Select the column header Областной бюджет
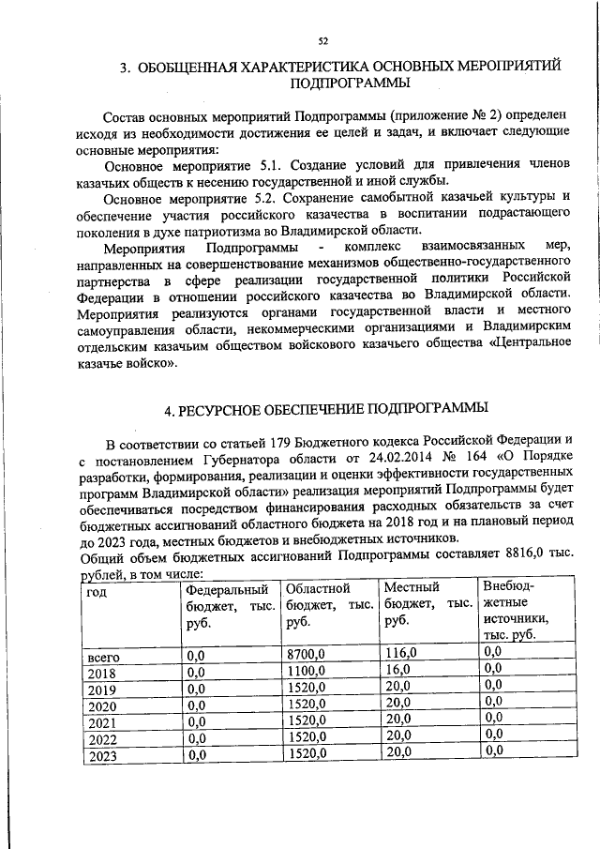330,604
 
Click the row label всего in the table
102,655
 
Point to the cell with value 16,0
397,669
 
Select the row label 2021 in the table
100,721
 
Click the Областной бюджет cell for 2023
307,752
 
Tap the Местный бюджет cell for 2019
397,686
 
